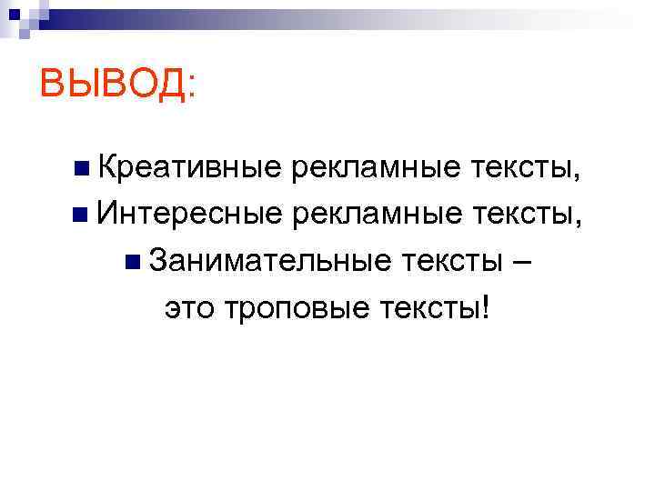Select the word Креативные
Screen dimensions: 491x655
(x=189, y=168)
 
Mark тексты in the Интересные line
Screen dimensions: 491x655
(x=522, y=215)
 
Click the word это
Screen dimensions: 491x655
(x=189, y=310)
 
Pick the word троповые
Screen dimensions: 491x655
(x=292, y=310)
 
